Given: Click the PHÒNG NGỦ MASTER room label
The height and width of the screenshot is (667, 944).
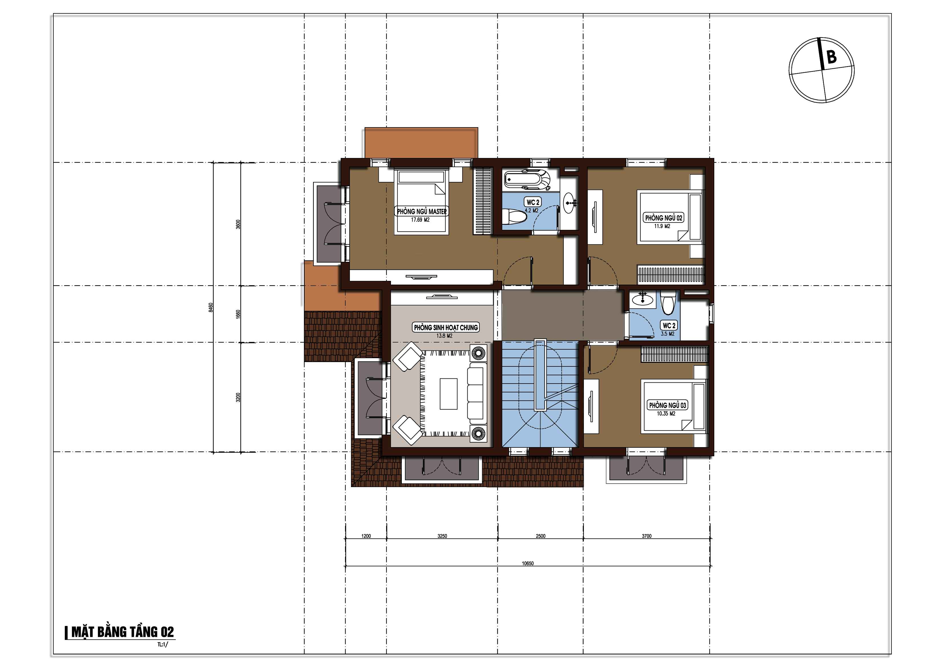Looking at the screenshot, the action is pos(422,211).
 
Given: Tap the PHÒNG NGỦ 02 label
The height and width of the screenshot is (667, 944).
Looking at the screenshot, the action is pos(663,218).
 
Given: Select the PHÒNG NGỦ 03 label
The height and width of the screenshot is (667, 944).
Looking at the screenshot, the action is pos(667,405).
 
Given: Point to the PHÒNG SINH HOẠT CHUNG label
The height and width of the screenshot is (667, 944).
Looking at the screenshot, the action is pos(446,328).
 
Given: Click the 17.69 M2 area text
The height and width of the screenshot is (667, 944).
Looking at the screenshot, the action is pos(420,220).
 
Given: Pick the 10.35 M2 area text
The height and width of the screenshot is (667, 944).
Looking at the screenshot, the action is pos(666,413).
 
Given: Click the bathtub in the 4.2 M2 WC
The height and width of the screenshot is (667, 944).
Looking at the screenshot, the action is pos(527,180).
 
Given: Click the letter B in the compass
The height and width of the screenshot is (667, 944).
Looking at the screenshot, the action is pos(831,57).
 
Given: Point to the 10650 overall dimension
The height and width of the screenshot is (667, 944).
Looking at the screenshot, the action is pos(528,563).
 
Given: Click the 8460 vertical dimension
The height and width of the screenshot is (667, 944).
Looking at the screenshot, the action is pos(211,307).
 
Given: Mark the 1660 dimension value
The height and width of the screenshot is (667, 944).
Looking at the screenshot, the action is pos(238,314).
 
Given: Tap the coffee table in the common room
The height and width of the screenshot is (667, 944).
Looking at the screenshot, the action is pos(449,394).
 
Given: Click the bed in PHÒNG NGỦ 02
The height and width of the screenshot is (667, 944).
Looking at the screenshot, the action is pos(670,217).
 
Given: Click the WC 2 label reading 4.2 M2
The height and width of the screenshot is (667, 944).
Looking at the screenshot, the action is pos(532,202).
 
